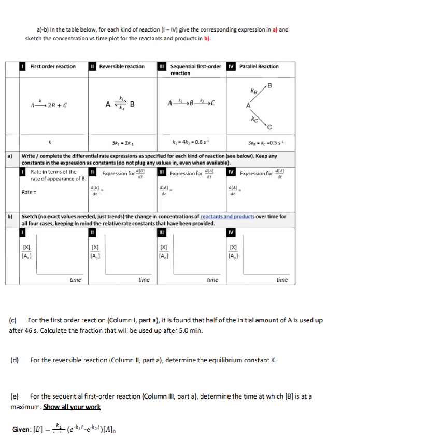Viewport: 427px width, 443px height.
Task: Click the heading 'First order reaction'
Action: (x=52, y=67)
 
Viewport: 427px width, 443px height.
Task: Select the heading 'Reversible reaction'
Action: (x=121, y=67)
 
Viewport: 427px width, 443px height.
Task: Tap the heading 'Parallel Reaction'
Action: (x=259, y=67)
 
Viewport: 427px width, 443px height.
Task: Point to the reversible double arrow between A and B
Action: (x=122, y=104)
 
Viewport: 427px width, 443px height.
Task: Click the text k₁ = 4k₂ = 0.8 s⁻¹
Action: (x=190, y=143)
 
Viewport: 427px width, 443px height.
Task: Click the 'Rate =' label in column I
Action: (x=29, y=193)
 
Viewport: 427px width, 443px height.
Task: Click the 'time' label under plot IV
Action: (x=281, y=280)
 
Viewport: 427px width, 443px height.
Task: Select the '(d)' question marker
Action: (x=15, y=360)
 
